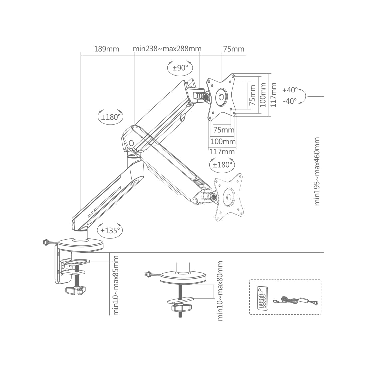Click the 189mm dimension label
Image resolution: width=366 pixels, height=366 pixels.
(107, 49)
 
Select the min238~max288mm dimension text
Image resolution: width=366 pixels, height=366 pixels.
(167, 49)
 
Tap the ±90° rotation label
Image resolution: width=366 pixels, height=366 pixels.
(180, 68)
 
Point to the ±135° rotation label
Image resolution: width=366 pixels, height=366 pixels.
(110, 231)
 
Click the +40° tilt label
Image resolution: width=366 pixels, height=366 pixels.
(290, 90)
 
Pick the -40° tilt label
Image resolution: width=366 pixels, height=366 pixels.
(290, 101)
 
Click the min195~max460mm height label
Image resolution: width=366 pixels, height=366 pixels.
(317, 171)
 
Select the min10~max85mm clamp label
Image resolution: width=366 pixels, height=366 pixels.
(116, 285)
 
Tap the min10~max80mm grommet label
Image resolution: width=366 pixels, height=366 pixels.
(220, 291)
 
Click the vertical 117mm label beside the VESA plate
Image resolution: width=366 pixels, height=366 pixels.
(273, 95)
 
